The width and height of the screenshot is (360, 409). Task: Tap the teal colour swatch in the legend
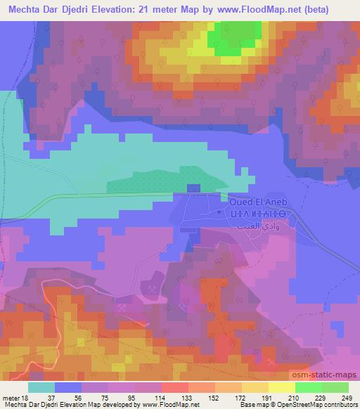(41, 387)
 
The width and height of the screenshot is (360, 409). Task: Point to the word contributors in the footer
(340, 405)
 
